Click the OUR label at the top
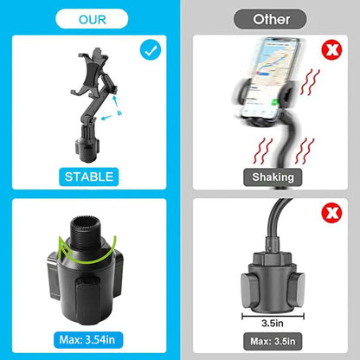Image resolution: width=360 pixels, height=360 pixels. (x=93, y=20)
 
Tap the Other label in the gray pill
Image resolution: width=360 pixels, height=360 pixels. (x=271, y=19)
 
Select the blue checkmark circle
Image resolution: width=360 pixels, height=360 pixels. (x=151, y=50)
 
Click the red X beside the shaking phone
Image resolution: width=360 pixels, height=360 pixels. (x=331, y=50)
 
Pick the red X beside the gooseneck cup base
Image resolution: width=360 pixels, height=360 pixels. (x=331, y=213)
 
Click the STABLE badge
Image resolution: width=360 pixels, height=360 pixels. (x=89, y=177)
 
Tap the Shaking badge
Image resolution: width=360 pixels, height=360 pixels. (x=273, y=177)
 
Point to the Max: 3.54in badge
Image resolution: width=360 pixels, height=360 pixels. (x=87, y=340)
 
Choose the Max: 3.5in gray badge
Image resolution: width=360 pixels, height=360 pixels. (x=273, y=341)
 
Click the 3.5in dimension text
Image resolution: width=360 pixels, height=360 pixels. (x=273, y=323)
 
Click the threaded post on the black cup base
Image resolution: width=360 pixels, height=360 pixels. (x=86, y=231)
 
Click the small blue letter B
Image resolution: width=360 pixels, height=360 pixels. (x=119, y=112)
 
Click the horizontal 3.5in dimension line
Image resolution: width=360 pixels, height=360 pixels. (x=273, y=317)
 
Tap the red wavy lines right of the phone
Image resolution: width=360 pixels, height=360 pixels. (x=310, y=81)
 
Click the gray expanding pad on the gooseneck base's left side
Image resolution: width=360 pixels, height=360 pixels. (x=248, y=290)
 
